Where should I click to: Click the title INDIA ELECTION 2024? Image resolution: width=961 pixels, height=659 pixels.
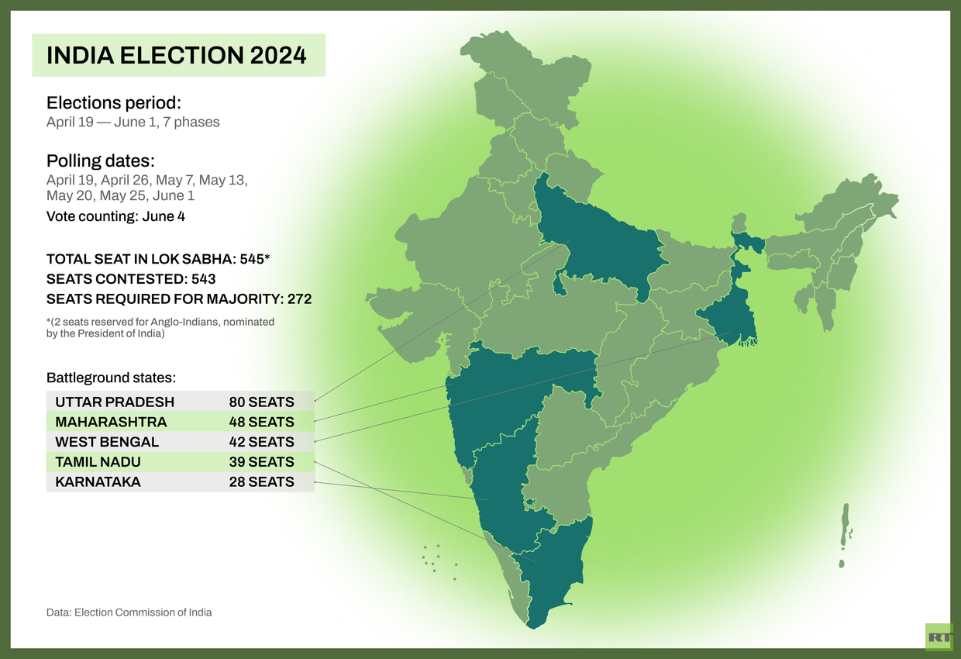[x=177, y=55]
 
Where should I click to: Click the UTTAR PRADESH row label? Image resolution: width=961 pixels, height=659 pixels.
[x=115, y=402]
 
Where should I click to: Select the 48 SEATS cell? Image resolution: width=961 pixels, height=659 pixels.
[x=261, y=422]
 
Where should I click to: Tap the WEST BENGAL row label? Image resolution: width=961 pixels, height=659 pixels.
[x=107, y=442]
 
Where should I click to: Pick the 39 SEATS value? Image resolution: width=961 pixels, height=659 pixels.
[x=261, y=462]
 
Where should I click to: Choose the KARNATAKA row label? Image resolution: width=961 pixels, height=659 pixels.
[x=98, y=481]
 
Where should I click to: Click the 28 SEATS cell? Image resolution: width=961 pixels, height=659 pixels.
[x=261, y=481]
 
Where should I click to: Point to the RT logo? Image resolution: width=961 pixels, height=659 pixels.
[x=939, y=637]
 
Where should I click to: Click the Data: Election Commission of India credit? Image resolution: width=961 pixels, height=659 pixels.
[x=129, y=612]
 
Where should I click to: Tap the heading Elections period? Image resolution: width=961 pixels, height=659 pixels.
[x=113, y=103]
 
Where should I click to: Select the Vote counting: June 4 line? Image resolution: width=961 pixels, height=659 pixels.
[x=115, y=216]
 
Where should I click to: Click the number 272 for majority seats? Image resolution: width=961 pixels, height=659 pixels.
[x=299, y=298]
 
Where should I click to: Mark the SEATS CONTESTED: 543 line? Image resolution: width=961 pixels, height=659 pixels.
[x=131, y=278]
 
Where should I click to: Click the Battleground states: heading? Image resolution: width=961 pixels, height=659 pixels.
[x=111, y=378]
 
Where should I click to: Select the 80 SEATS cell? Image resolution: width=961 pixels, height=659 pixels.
[x=261, y=402]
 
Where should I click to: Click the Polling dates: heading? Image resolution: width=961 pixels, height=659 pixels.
[x=101, y=161]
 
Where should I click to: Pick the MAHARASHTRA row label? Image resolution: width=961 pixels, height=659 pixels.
[x=111, y=422]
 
